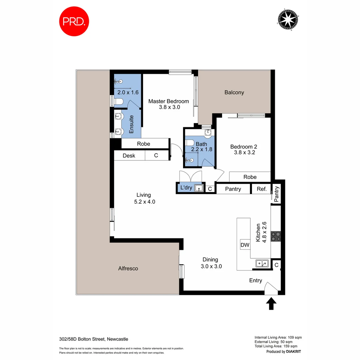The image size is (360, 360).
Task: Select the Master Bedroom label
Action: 168,101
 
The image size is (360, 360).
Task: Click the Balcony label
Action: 234,93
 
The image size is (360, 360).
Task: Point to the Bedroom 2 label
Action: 244,147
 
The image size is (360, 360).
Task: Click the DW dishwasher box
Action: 245,245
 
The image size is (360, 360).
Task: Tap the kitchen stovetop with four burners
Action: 276,236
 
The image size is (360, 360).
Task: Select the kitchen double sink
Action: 263,264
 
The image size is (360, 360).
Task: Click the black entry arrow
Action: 271,303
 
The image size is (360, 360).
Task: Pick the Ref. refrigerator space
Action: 262,189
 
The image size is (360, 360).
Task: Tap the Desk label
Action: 129,156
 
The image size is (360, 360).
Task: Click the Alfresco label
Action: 128,268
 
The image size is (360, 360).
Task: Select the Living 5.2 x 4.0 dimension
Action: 144,202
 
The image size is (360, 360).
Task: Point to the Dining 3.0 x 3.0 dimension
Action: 211,266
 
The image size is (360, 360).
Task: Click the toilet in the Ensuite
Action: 119,101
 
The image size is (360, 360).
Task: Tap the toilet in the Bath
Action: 190,143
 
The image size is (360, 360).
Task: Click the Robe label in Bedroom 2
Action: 250,177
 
